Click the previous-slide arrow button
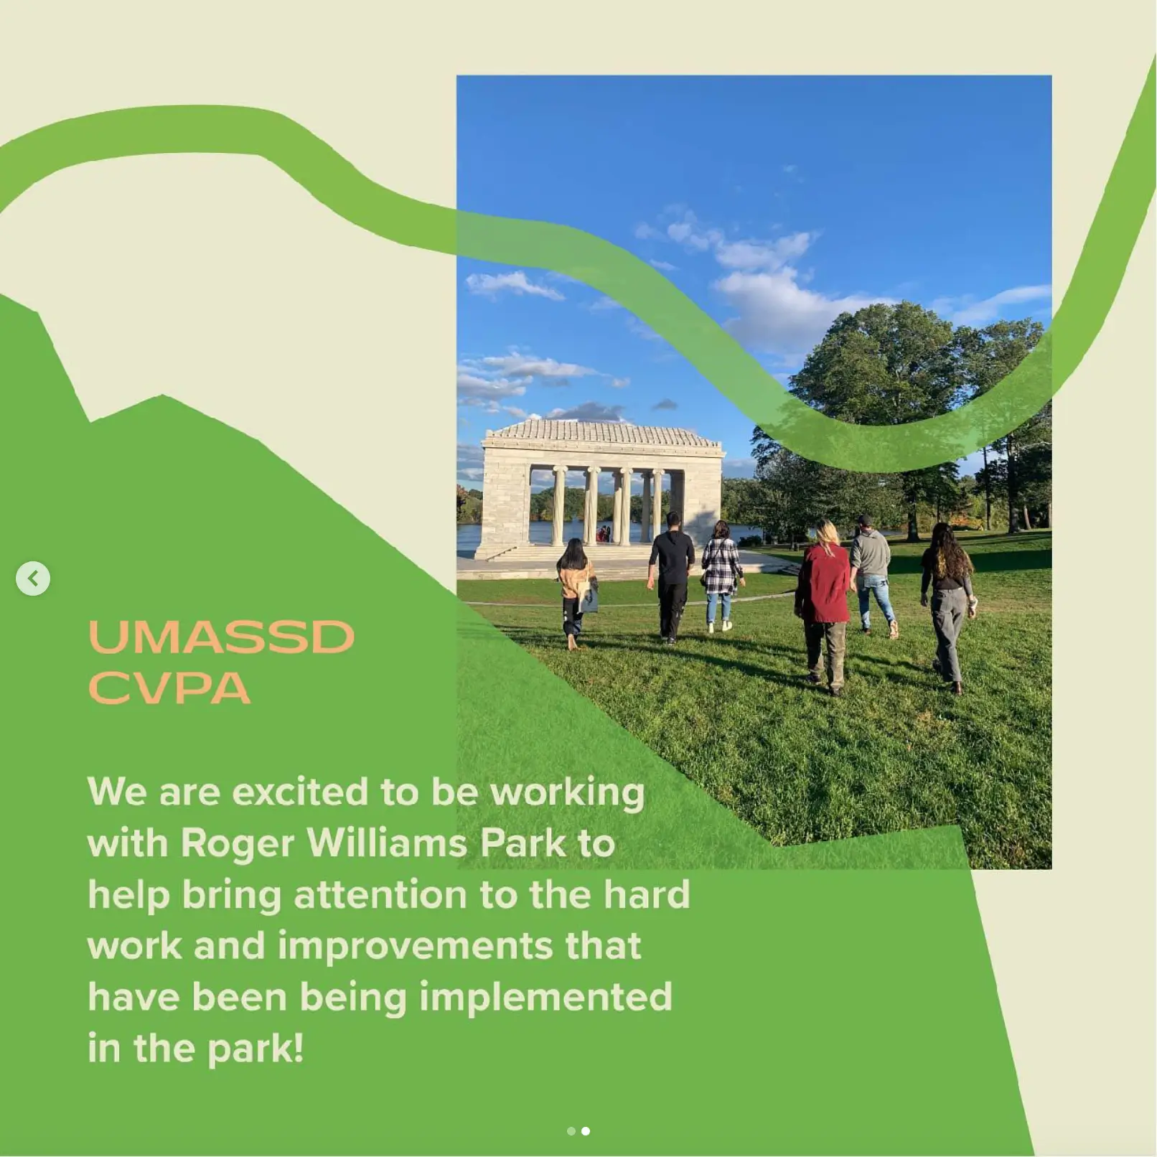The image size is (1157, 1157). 33,578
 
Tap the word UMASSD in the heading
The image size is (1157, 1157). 221,637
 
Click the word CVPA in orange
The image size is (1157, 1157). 169,688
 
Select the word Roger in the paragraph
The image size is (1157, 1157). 237,843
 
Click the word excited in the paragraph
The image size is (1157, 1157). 300,792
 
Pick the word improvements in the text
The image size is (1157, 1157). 415,946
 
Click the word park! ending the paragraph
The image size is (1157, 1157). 256,1049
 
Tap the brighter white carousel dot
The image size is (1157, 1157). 586,1131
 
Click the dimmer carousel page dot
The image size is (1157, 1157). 571,1131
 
